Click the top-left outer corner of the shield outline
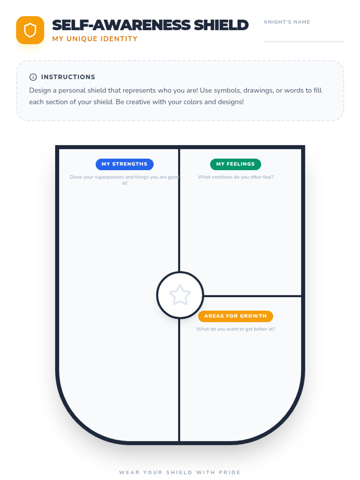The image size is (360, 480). [x=55, y=145]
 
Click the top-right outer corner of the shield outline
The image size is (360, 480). [x=304, y=145]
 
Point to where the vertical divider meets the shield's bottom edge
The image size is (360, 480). [x=179, y=443]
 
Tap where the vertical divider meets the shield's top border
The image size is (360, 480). [x=179, y=147]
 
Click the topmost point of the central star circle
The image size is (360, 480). [x=180, y=272]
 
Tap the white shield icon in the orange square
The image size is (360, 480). [x=30, y=30]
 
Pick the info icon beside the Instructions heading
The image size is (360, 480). [x=33, y=77]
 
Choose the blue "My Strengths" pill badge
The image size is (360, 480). [x=124, y=164]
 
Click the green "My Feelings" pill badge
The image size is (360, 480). [x=235, y=164]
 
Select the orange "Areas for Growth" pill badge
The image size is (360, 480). [x=235, y=316]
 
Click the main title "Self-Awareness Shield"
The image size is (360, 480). [x=150, y=25]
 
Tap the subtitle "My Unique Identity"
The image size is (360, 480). [x=95, y=39]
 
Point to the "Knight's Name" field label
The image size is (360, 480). [x=287, y=22]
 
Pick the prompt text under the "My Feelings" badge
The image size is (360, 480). [x=235, y=177]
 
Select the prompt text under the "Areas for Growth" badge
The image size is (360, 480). [x=235, y=329]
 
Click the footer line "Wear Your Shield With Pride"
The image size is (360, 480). [x=180, y=472]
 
